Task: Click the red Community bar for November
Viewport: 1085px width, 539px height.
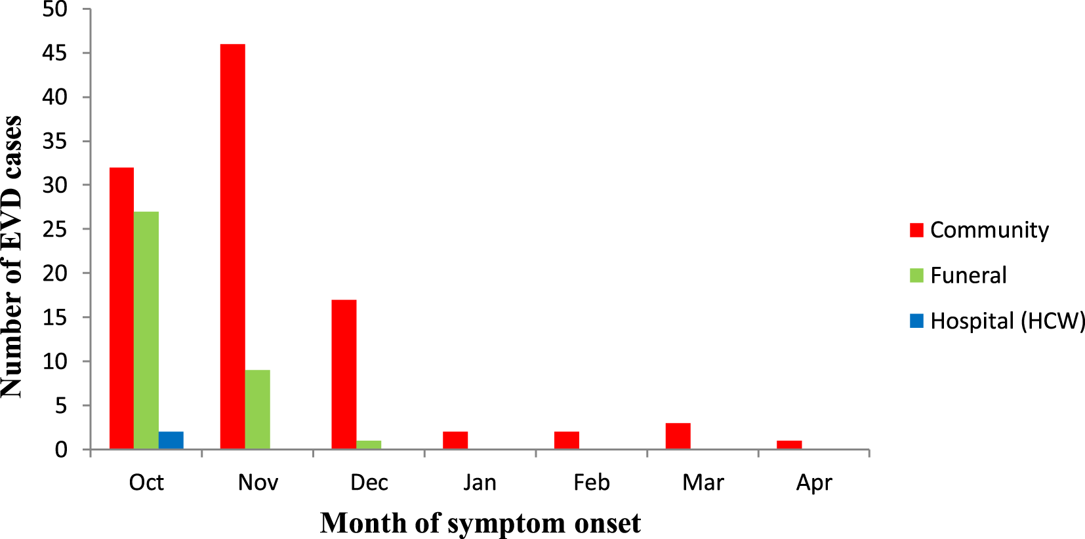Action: click(x=233, y=246)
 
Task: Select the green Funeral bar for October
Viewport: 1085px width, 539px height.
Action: click(x=146, y=330)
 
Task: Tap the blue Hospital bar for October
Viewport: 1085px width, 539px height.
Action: click(x=171, y=440)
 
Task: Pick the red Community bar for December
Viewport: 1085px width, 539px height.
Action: click(x=344, y=374)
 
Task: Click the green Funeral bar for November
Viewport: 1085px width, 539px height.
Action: click(x=257, y=409)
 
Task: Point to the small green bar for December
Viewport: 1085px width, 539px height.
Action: click(x=369, y=445)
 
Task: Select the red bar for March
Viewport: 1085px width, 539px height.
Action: click(x=678, y=436)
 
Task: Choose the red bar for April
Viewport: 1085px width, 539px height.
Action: click(x=789, y=445)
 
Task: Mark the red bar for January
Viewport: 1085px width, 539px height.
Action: click(x=455, y=440)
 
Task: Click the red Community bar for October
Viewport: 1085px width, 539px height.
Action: click(x=121, y=308)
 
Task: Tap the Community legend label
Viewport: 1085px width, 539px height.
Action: click(x=989, y=230)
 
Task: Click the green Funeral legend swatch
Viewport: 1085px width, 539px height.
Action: click(x=916, y=275)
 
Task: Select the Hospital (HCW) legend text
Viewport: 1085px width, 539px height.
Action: click(x=1008, y=321)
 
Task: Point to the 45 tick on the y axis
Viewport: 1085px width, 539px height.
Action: click(x=55, y=53)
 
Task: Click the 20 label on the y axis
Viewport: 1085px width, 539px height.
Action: click(x=55, y=273)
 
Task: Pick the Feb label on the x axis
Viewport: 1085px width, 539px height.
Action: click(x=591, y=483)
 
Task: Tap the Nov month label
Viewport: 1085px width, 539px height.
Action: click(x=258, y=483)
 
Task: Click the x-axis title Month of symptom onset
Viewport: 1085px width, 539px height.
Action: click(x=480, y=523)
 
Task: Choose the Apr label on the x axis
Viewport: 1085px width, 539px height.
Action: click(x=814, y=483)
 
